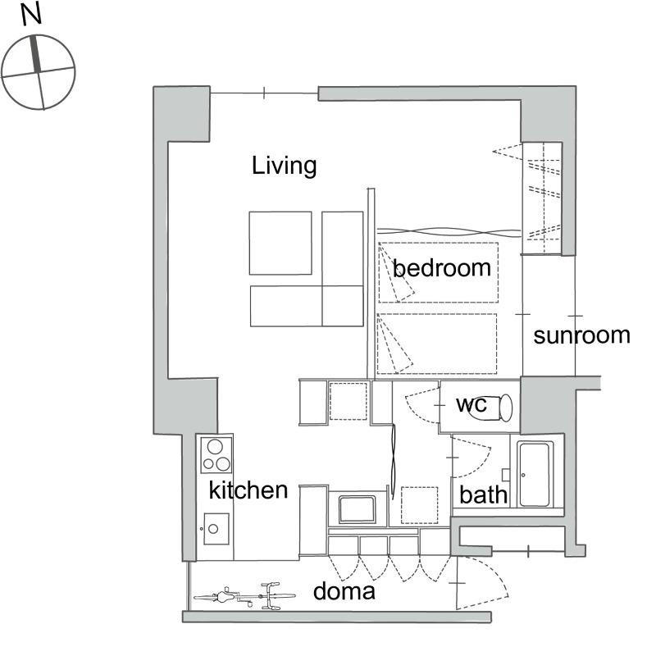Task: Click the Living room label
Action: click(284, 166)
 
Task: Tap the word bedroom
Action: click(442, 268)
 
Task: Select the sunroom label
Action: click(582, 335)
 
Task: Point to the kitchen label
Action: click(248, 490)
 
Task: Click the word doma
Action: click(344, 591)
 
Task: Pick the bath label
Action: click(483, 494)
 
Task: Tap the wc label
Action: click(471, 404)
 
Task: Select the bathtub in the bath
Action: click(535, 475)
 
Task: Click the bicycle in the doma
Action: click(244, 596)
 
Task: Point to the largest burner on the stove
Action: click(215, 447)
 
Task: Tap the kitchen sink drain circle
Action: click(213, 529)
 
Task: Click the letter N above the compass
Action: click(31, 14)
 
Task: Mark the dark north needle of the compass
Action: click(36, 53)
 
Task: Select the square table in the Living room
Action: click(280, 243)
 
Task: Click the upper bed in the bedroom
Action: click(439, 272)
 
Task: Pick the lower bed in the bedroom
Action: click(437, 344)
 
